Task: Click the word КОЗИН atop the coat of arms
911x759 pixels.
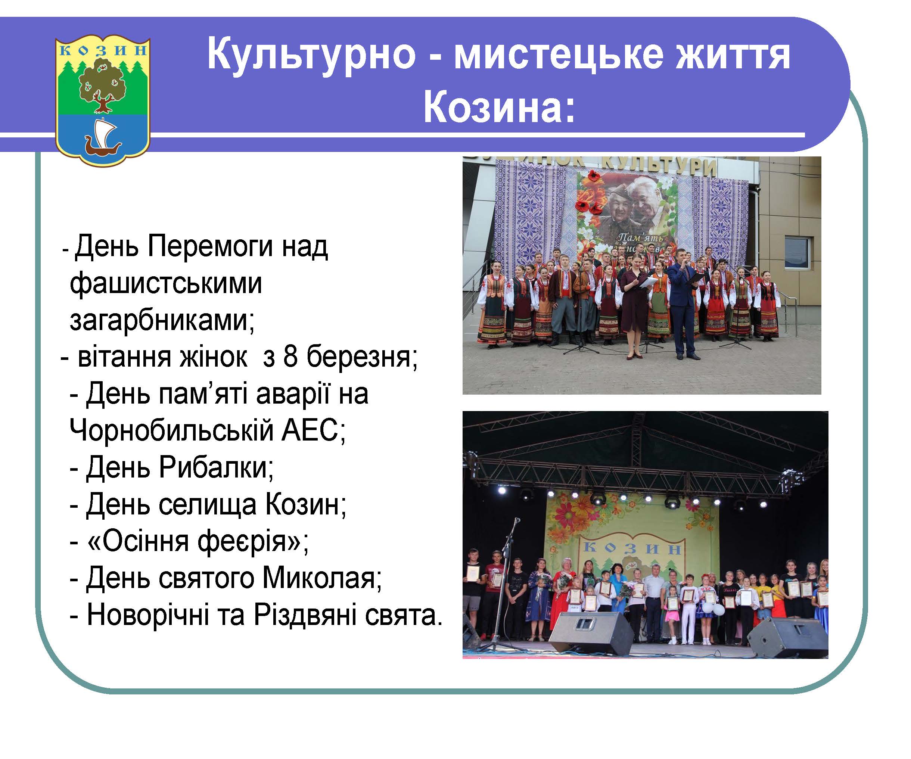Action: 103,50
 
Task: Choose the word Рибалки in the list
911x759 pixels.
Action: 215,467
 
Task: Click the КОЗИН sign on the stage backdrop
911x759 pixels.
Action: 631,549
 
